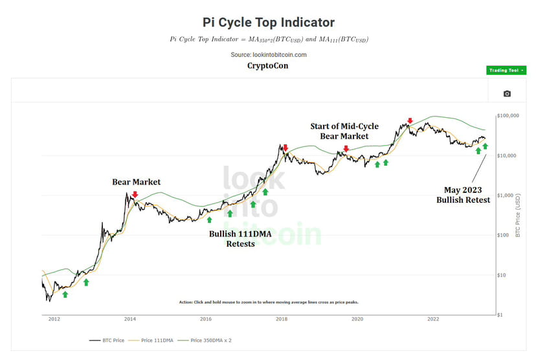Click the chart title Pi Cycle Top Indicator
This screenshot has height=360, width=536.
268,23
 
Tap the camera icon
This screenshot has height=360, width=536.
507,93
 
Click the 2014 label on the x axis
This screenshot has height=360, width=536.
130,319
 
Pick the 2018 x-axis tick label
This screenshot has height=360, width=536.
282,319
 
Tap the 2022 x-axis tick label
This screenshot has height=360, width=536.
433,319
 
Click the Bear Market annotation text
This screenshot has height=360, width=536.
136,182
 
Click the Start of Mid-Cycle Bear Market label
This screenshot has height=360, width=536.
344,131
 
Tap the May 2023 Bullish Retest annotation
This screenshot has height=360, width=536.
463,195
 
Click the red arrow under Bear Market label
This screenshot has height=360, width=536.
135,194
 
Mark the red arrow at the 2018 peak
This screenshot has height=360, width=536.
285,148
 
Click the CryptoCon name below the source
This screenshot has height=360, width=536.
268,65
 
